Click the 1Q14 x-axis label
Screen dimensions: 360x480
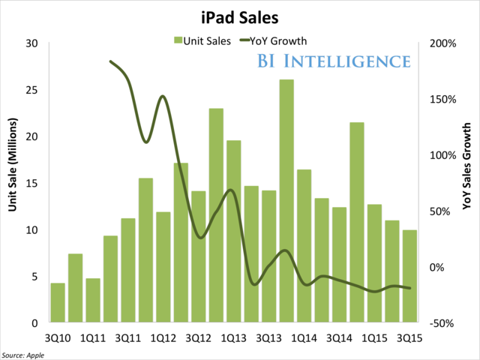click(x=303, y=337)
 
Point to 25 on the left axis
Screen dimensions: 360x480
click(x=32, y=90)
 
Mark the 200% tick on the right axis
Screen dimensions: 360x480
click(x=442, y=43)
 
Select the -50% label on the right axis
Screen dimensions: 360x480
click(x=442, y=323)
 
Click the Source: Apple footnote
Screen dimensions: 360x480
click(x=24, y=354)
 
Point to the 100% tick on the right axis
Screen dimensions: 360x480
click(x=442, y=155)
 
